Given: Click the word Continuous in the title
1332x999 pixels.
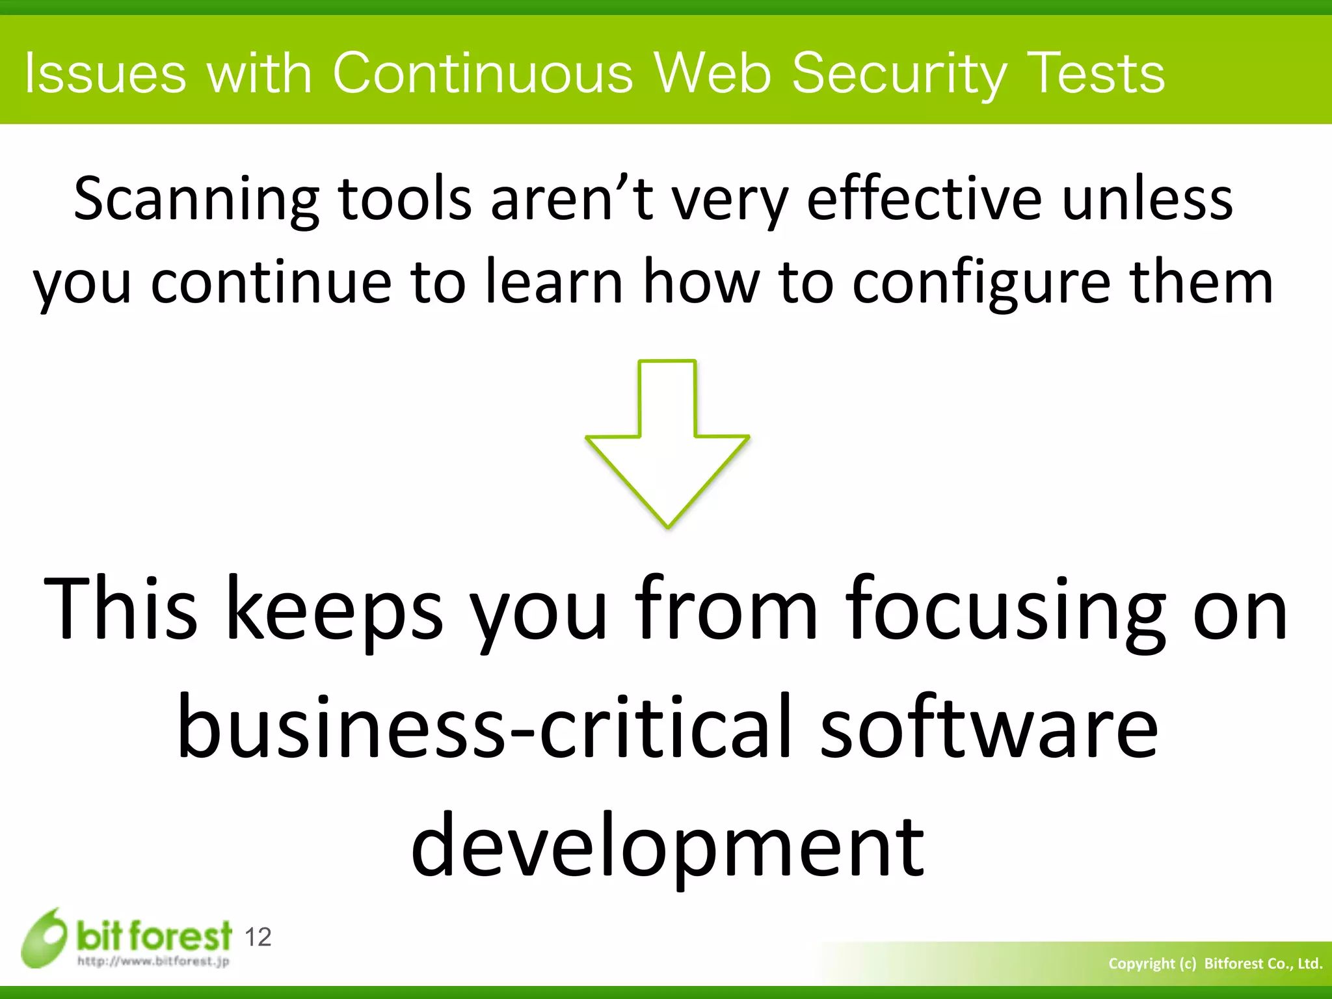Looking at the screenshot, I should coord(483,73).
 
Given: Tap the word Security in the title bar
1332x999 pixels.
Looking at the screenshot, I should coord(899,74).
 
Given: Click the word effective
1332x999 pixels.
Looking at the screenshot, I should coord(924,198).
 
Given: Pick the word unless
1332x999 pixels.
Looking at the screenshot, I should coord(1147,198).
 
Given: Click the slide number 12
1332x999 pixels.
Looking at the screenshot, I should coord(258,937).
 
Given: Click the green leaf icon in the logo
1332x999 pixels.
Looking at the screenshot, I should coord(44,938).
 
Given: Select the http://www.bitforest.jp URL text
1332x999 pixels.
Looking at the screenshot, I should coord(153,961).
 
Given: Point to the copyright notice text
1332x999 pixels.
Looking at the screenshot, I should coord(1215,963).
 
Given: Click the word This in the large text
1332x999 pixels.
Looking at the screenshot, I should coord(120,607).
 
